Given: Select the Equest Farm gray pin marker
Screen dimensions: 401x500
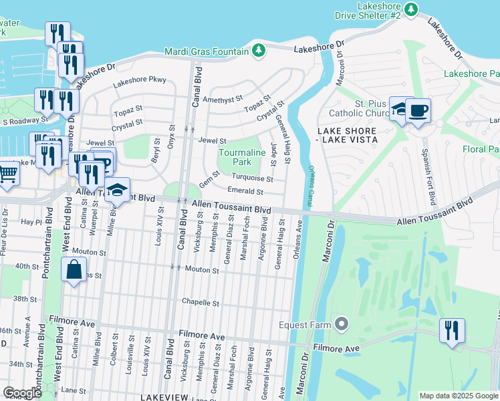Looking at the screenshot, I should point(342,325).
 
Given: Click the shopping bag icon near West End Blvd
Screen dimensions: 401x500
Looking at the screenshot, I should point(74,271).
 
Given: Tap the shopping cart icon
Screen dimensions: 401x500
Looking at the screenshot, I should point(8,173).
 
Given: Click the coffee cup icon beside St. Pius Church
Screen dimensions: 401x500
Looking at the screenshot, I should point(418,110).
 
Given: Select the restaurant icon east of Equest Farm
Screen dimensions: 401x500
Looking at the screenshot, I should point(452,330).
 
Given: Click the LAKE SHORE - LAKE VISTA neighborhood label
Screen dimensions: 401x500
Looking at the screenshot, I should point(347,135).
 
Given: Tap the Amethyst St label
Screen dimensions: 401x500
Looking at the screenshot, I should point(225,99).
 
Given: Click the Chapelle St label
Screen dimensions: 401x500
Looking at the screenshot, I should point(201,303).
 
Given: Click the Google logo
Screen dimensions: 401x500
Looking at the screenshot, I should point(23,393).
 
